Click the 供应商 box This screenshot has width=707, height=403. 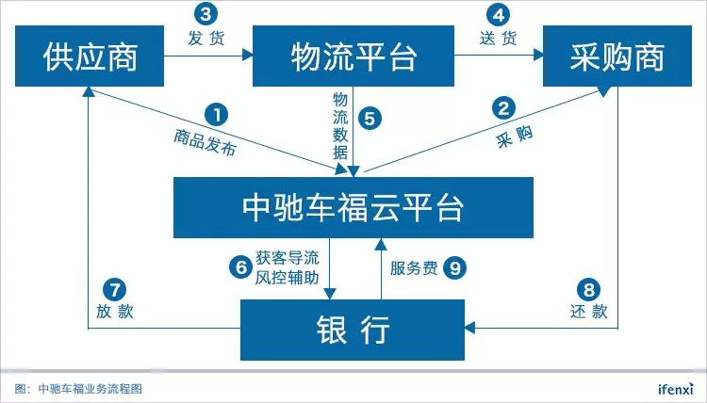[90, 56]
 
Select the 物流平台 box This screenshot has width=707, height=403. [353, 56]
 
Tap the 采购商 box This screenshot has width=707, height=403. [617, 56]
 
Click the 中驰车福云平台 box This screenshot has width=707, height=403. [353, 207]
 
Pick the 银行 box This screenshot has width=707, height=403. [353, 330]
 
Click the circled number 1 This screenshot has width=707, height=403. [217, 115]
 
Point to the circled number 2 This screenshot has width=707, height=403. [503, 108]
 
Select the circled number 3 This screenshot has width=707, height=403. [206, 14]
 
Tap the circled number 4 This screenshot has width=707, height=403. [499, 15]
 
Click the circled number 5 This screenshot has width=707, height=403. [370, 119]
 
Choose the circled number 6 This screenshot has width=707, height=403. [240, 267]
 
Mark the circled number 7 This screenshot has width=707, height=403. [114, 289]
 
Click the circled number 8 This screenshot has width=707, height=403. [588, 289]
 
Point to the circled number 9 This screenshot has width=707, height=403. [454, 268]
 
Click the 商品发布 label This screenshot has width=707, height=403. [206, 142]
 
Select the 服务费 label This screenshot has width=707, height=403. [414, 268]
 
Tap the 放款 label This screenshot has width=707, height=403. [114, 311]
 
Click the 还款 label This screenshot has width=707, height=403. [589, 311]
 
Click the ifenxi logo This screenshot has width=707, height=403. [675, 388]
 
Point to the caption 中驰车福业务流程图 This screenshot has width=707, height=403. [90, 389]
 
